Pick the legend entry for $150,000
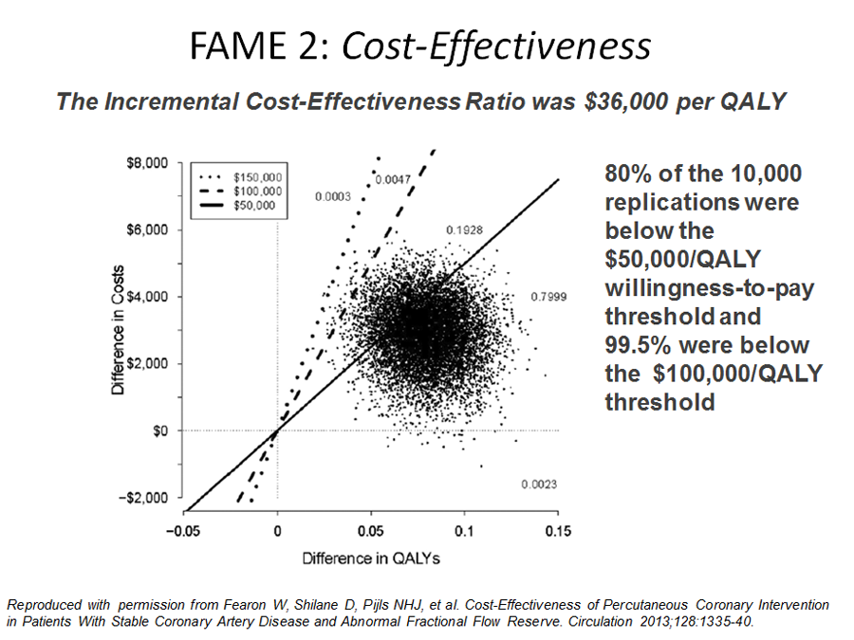(x=258, y=177)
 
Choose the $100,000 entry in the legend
(x=258, y=191)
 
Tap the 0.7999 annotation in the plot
(x=549, y=297)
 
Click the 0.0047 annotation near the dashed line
(x=392, y=180)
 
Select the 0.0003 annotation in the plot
(x=333, y=197)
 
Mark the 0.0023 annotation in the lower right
(x=538, y=485)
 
